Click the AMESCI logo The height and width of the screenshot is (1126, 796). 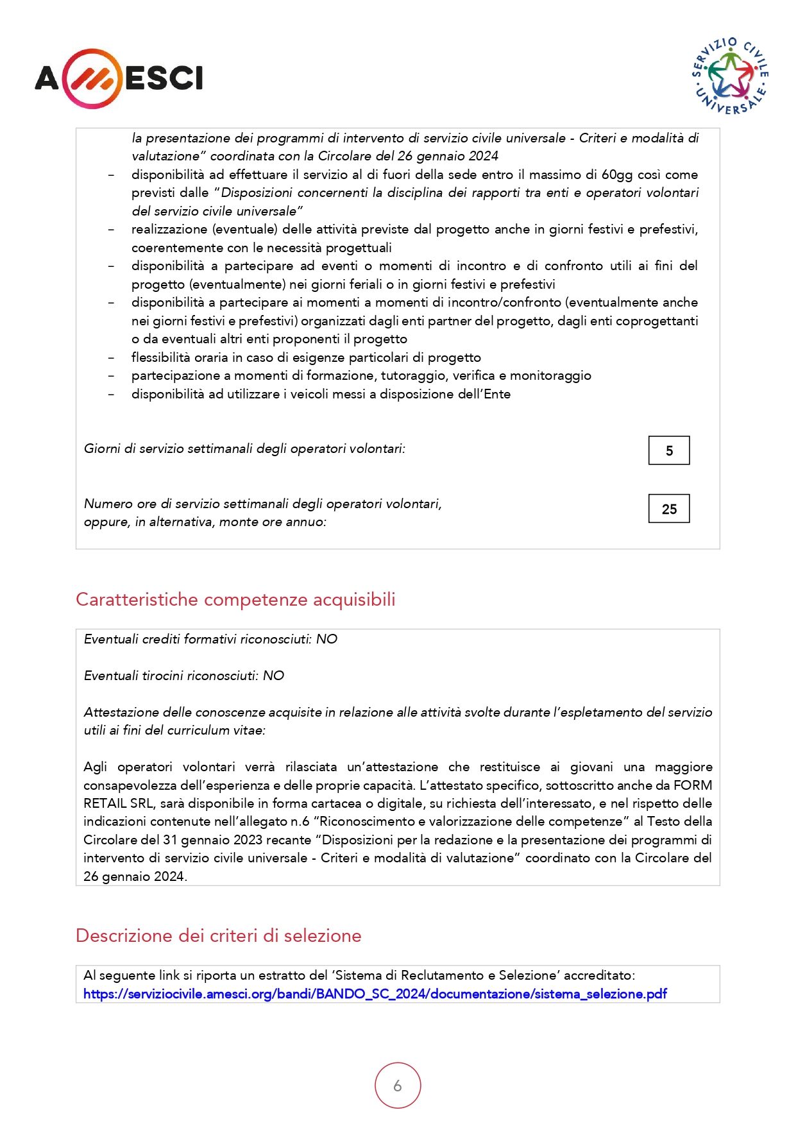[119, 78]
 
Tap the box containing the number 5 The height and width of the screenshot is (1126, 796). [669, 450]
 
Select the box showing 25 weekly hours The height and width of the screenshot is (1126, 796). [669, 509]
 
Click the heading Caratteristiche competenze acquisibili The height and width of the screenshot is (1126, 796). [235, 599]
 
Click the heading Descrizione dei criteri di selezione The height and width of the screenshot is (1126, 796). [218, 935]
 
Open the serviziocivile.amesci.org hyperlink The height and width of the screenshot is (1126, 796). [375, 994]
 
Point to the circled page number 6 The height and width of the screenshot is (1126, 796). [398, 1086]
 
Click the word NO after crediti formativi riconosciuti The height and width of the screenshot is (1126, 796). [326, 639]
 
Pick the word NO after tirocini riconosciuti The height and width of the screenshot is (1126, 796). [273, 676]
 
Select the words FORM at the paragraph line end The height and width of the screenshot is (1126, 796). [693, 785]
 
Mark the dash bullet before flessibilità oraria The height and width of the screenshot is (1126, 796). [112, 357]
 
